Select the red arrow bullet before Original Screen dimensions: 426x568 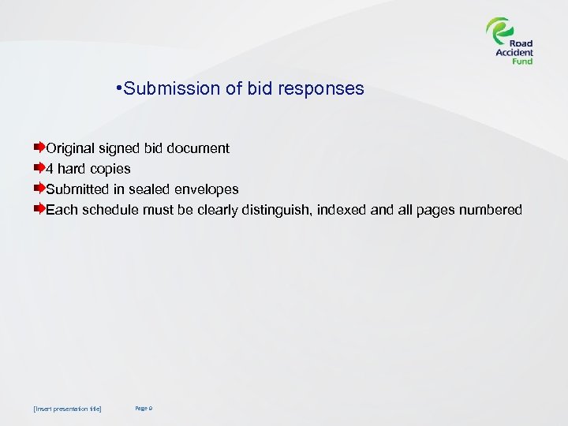click(x=39, y=148)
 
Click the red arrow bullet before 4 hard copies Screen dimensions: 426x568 click(x=39, y=168)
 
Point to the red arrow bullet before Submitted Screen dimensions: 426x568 click(x=39, y=189)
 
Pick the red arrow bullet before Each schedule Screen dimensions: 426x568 click(x=39, y=209)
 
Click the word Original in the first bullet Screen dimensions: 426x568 click(x=70, y=148)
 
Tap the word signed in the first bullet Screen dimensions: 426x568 click(x=118, y=148)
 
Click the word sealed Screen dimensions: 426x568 click(x=148, y=189)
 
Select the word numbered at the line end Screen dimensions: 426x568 click(x=491, y=210)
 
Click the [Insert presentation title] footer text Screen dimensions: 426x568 click(x=68, y=409)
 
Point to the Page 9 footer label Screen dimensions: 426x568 click(x=143, y=408)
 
